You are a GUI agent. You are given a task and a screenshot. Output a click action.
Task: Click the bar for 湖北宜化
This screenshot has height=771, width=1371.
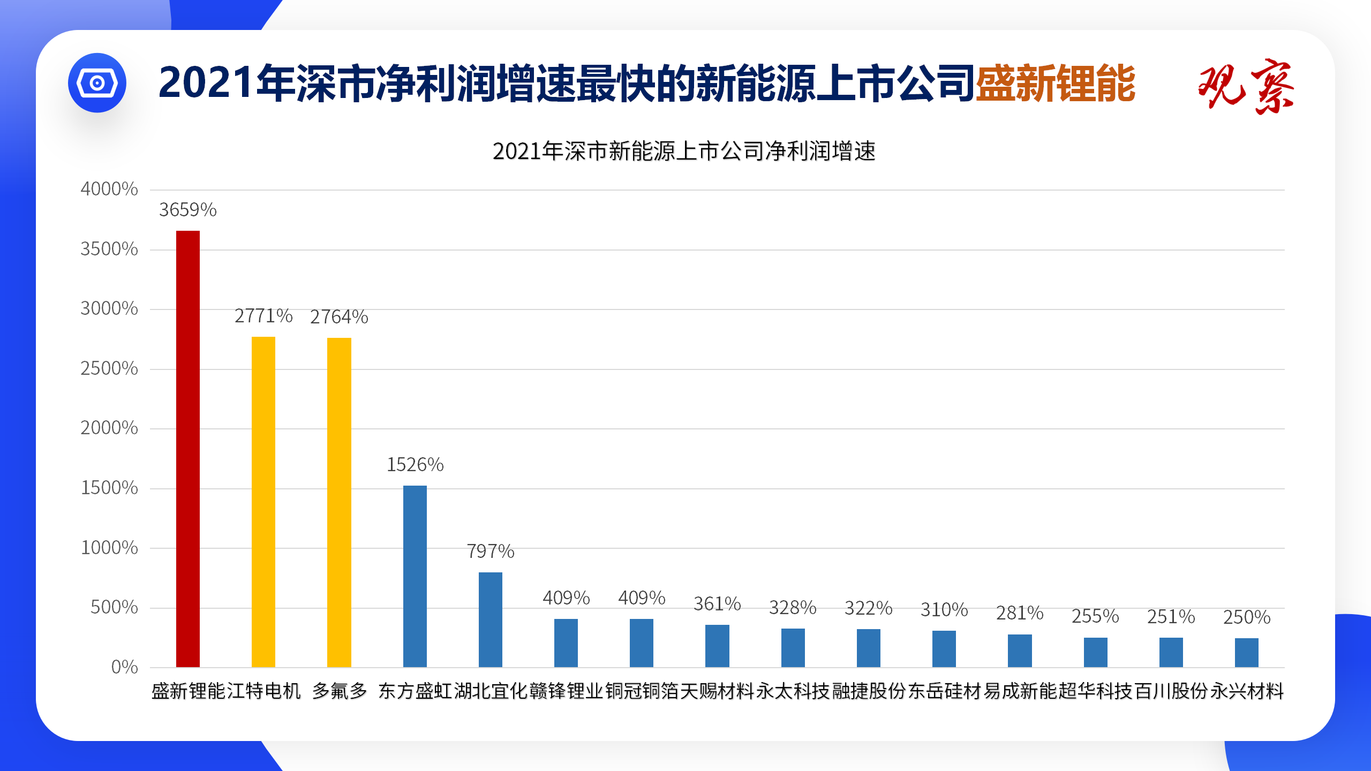(x=491, y=619)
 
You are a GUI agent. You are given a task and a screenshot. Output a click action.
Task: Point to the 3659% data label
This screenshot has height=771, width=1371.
(x=188, y=210)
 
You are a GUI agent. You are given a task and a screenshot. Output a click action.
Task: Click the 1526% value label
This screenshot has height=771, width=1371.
(x=415, y=465)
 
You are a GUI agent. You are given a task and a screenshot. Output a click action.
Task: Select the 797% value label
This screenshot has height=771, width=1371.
(x=491, y=551)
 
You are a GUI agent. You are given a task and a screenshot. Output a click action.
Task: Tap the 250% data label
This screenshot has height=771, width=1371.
(x=1247, y=617)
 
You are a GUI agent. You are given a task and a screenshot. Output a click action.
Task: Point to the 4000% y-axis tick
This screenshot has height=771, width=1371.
(x=109, y=189)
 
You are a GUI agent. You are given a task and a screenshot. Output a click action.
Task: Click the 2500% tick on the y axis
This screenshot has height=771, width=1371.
(x=109, y=368)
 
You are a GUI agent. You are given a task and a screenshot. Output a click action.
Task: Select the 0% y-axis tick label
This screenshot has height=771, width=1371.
(x=124, y=667)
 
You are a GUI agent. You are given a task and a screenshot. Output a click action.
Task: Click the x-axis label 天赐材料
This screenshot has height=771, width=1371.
(x=717, y=691)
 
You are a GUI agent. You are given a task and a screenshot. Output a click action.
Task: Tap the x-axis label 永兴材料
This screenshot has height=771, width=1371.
(x=1247, y=691)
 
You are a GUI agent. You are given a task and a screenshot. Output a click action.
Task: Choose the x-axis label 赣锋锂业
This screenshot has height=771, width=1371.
(x=566, y=691)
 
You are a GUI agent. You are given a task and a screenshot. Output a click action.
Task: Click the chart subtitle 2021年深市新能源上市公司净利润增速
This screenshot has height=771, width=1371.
(x=684, y=152)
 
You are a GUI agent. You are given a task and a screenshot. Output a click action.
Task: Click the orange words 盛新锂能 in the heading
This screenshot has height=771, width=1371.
(x=1055, y=84)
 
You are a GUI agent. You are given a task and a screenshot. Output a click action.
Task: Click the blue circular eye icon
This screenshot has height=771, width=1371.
(x=97, y=83)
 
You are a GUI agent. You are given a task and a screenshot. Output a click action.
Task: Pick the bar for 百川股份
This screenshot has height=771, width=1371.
(x=1171, y=652)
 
